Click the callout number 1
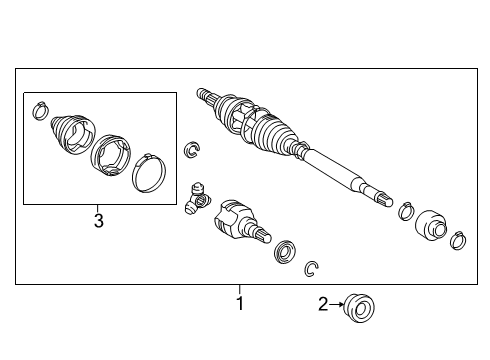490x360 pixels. click(239, 302)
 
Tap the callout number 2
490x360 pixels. click(323, 304)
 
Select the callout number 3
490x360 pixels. click(98, 220)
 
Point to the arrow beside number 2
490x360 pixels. click(337, 304)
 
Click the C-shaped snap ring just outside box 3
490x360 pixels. click(192, 152)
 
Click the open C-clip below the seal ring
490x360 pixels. click(313, 267)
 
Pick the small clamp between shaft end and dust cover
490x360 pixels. click(407, 212)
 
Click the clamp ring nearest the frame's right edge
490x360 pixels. click(458, 240)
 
